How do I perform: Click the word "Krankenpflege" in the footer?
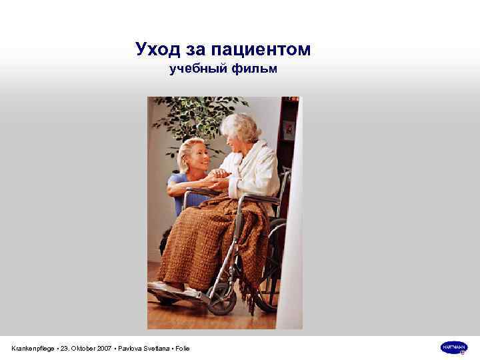click(33, 348)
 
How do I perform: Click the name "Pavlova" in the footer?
click(134, 348)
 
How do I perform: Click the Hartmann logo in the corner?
click(454, 347)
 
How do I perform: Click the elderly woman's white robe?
click(260, 170)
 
